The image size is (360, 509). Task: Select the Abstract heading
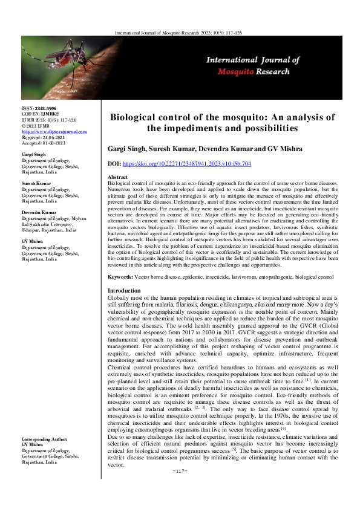tap(117, 176)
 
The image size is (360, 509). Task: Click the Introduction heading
tap(123, 291)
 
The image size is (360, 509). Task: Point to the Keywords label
tap(120, 276)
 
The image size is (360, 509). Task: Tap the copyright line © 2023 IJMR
tap(36, 125)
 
